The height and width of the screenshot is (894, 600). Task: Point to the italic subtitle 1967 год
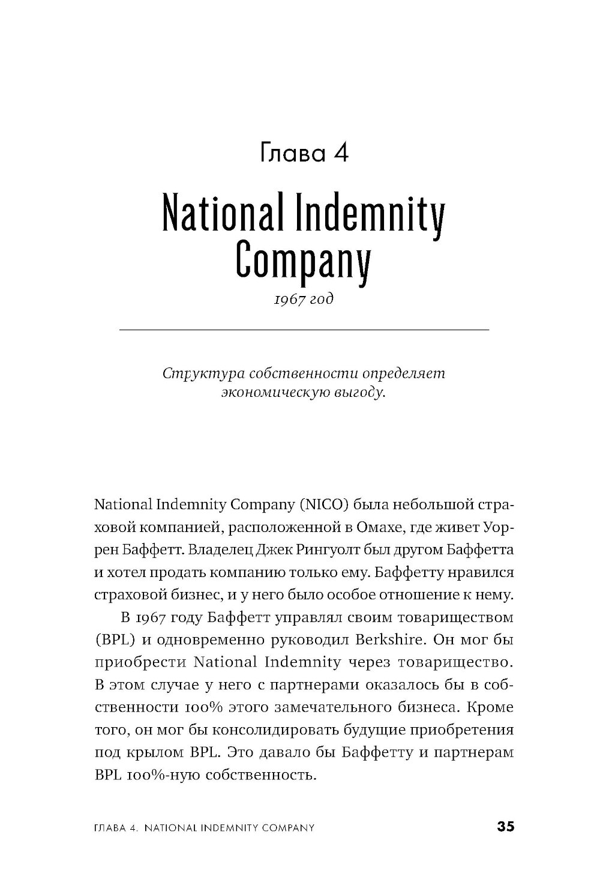pos(304,298)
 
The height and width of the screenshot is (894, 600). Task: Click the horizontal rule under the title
pos(305,330)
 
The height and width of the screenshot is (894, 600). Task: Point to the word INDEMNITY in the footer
pos(232,828)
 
